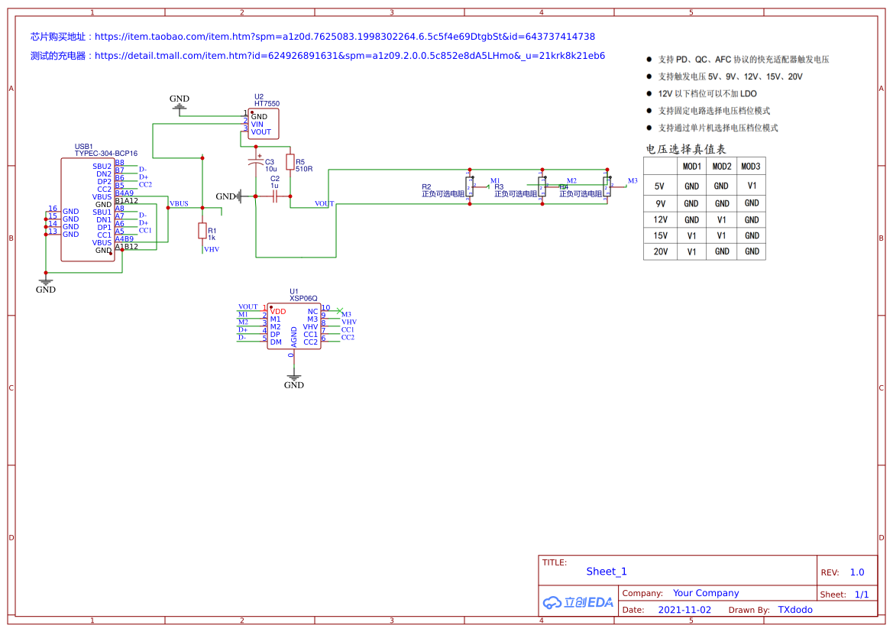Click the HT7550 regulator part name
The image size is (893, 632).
pyautogui.click(x=267, y=103)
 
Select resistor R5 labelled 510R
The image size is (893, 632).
pyautogui.click(x=290, y=161)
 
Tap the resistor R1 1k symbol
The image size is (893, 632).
pyautogui.click(x=202, y=230)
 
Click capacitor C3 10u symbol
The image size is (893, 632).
pyautogui.click(x=256, y=162)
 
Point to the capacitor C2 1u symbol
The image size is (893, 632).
pyautogui.click(x=273, y=196)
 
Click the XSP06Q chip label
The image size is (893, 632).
pyautogui.click(x=303, y=299)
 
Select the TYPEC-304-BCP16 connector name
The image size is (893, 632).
pyautogui.click(x=105, y=154)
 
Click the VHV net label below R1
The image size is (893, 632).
pyautogui.click(x=212, y=249)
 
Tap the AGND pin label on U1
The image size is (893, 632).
pyautogui.click(x=294, y=337)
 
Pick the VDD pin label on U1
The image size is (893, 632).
pyautogui.click(x=278, y=312)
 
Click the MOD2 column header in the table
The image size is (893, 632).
pyautogui.click(x=721, y=167)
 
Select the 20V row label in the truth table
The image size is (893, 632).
pyautogui.click(x=660, y=251)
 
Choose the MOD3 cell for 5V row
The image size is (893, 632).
pyautogui.click(x=752, y=186)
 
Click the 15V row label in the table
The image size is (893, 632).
pyautogui.click(x=660, y=235)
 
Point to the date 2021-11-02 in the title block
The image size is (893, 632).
pyautogui.click(x=684, y=610)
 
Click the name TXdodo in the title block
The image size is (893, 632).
pyautogui.click(x=795, y=610)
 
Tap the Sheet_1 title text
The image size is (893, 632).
pyautogui.click(x=607, y=572)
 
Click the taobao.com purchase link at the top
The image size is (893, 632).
pyautogui.click(x=345, y=37)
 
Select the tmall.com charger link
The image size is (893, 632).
pyautogui.click(x=349, y=56)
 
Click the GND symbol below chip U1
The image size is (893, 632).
pyautogui.click(x=293, y=379)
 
